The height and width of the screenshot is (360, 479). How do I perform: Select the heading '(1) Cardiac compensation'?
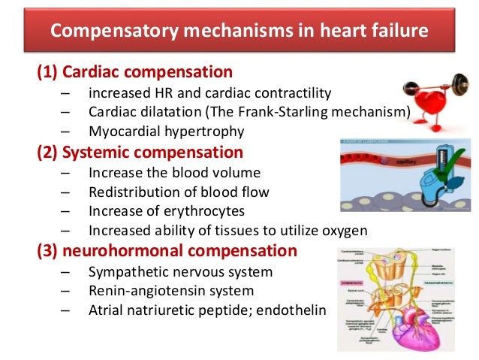(x=135, y=73)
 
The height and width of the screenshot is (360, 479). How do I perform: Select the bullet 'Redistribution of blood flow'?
(x=178, y=192)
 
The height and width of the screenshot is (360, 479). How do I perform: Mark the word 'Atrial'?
(x=107, y=309)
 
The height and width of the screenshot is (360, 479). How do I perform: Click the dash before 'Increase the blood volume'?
(x=66, y=172)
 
